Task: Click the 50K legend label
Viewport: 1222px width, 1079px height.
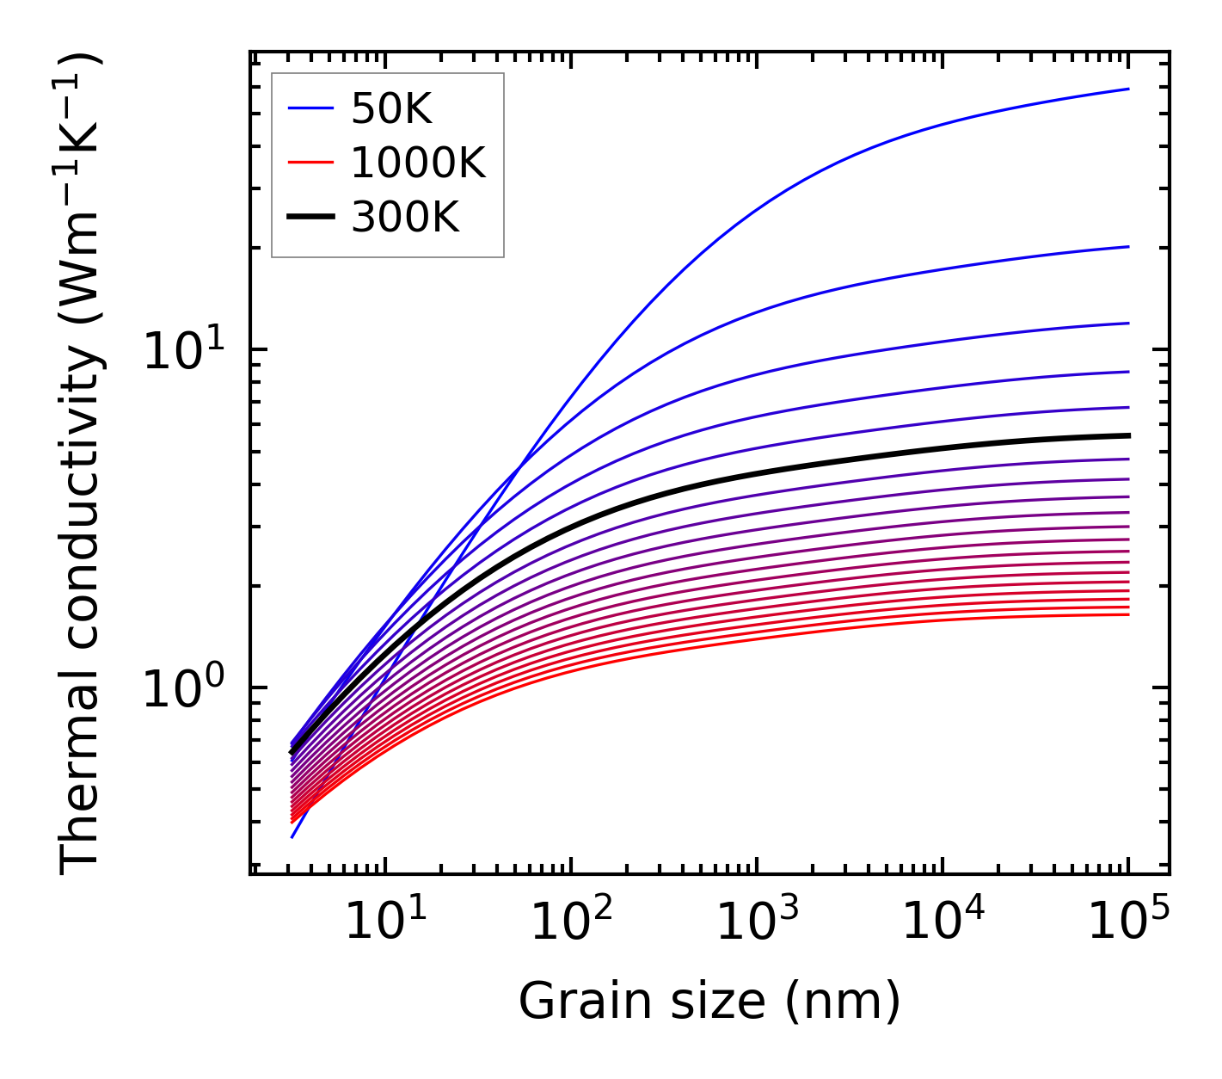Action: click(x=391, y=109)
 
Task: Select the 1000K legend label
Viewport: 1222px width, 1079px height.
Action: click(x=418, y=163)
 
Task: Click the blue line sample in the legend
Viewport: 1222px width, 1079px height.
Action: click(x=310, y=109)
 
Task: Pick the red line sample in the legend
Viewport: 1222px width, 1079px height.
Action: click(x=310, y=163)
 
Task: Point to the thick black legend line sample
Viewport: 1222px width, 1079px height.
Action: click(x=310, y=218)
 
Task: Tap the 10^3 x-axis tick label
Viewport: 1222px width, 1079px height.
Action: click(x=756, y=923)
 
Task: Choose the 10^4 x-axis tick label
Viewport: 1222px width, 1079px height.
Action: click(x=942, y=923)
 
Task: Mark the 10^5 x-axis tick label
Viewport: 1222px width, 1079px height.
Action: click(x=1127, y=923)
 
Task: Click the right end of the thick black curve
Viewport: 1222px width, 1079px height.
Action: click(x=1127, y=435)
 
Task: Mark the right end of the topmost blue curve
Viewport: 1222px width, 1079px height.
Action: click(x=1127, y=89)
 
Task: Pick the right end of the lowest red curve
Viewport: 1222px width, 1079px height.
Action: click(x=1127, y=613)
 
